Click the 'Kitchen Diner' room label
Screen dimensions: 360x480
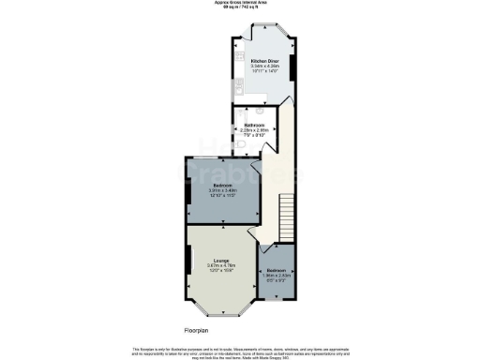pos(264,60)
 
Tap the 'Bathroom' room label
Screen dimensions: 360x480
pos(256,125)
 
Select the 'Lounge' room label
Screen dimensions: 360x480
pos(221,260)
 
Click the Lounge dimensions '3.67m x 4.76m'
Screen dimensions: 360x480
pos(221,265)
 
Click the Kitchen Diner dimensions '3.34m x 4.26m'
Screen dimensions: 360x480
pos(264,67)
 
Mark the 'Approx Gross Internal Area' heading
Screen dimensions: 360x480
pos(240,3)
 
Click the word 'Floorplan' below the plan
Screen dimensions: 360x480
pos(198,329)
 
